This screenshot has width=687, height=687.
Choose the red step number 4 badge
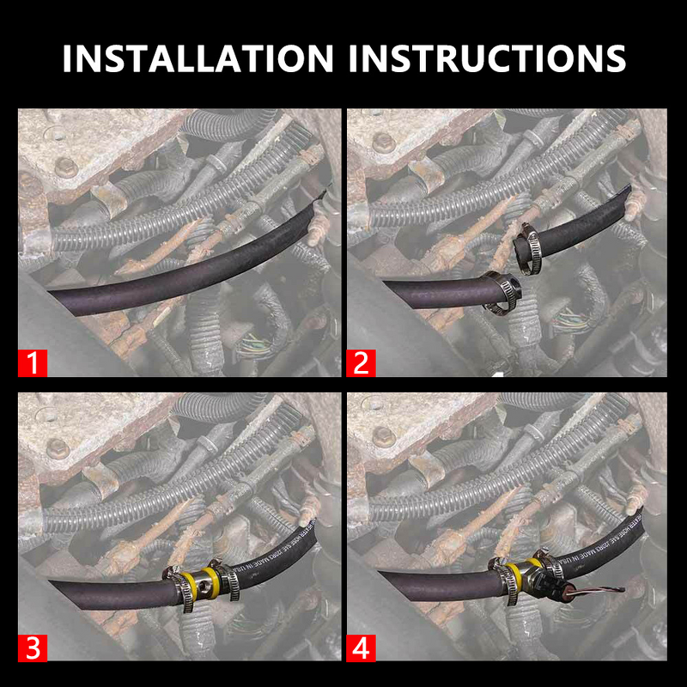coord(361,648)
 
